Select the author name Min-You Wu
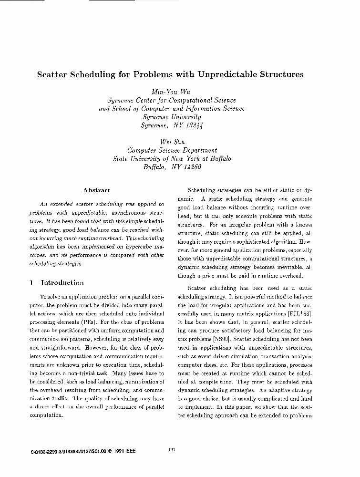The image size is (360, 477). tap(171, 91)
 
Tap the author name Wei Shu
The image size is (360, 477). tap(171, 142)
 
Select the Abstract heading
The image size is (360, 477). tap(96, 190)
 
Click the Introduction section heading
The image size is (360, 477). tap(62, 282)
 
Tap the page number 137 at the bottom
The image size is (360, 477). tap(173, 449)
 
